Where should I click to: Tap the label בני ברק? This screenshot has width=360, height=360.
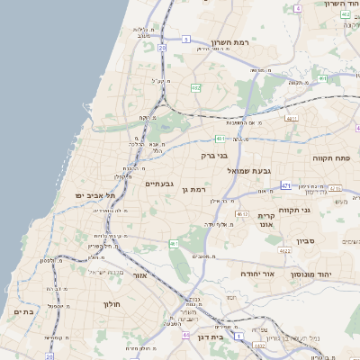(216, 156)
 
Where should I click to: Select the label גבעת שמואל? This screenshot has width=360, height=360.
(249, 170)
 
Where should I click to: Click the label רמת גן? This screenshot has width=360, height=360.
(194, 189)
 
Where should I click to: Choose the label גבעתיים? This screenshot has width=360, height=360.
(159, 183)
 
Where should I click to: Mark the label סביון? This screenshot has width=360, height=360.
(306, 241)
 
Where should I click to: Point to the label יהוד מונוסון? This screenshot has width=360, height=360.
(310, 271)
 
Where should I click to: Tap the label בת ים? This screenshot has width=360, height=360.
(23, 311)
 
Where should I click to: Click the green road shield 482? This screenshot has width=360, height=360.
(195, 87)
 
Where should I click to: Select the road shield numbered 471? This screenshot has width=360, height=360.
(285, 185)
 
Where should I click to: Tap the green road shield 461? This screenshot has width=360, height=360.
(174, 243)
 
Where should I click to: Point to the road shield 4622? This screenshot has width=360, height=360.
(285, 251)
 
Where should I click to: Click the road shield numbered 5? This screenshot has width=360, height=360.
(185, 40)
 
